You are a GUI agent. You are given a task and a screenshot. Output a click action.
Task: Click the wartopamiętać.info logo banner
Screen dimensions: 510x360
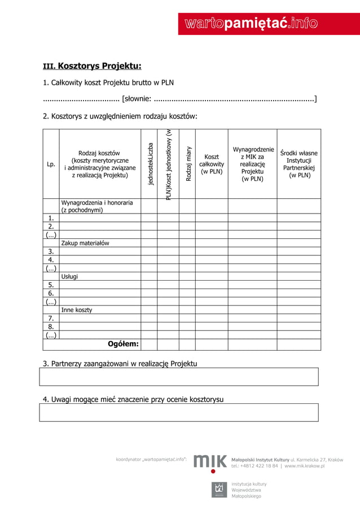tap(251, 23)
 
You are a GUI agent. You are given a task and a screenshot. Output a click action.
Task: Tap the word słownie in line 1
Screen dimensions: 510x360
tap(136, 100)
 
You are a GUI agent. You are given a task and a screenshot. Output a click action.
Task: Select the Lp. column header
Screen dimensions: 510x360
tap(51, 164)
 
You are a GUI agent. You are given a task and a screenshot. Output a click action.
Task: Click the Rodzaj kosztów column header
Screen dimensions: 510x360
tap(99, 164)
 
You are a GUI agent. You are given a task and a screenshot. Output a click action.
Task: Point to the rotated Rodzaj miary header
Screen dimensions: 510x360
tap(187, 164)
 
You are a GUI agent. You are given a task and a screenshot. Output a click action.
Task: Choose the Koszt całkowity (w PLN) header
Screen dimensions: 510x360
tap(212, 164)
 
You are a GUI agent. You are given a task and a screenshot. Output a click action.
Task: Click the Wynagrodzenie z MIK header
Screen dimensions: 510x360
tap(252, 164)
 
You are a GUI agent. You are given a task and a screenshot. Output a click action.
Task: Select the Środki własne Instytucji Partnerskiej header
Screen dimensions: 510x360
tap(299, 164)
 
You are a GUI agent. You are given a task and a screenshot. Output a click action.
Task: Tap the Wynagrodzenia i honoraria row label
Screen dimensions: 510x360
tap(97, 206)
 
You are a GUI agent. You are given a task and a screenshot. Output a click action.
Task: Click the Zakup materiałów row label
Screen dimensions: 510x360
tap(85, 243)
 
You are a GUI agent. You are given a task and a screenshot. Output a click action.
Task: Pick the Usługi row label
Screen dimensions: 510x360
tap(69, 276)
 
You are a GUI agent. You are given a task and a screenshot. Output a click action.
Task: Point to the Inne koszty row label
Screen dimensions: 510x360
tap(77, 310)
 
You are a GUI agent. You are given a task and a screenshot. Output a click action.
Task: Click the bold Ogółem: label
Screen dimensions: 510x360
tap(123, 344)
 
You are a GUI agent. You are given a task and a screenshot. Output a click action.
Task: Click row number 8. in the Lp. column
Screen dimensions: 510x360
tap(51, 326)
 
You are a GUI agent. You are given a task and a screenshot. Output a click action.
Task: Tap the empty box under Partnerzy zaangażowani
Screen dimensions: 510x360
tap(178, 377)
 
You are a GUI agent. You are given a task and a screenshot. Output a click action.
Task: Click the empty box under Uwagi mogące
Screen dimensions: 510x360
tap(178, 412)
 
